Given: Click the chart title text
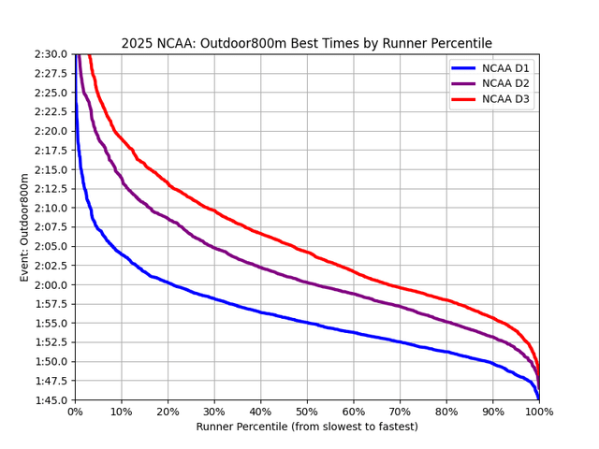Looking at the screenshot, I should click(306, 43).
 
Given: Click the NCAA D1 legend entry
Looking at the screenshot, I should click(504, 68).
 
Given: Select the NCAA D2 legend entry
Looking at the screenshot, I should click(504, 84).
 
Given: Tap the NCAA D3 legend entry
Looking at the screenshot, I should click(504, 100).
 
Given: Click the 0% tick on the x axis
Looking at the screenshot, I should click(75, 413).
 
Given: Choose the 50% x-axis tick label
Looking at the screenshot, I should click(307, 413).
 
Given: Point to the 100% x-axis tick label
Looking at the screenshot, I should click(539, 413).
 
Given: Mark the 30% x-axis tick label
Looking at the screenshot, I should click(214, 413).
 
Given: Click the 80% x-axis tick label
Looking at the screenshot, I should click(446, 413).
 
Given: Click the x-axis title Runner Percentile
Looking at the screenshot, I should click(307, 427).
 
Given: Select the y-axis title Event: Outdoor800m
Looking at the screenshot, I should click(25, 227).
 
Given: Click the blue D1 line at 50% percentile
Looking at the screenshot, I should click(307, 323).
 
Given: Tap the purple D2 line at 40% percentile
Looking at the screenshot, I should click(261, 268).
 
